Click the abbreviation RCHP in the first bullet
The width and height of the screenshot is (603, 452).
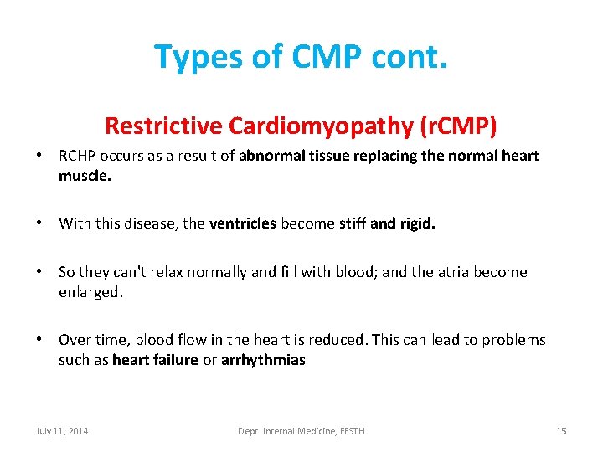(x=78, y=156)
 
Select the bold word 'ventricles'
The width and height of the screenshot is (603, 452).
(x=243, y=223)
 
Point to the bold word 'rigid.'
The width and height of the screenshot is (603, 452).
(x=417, y=223)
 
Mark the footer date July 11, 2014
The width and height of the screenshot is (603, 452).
(x=62, y=431)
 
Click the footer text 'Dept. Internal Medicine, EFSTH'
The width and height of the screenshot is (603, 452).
(x=301, y=431)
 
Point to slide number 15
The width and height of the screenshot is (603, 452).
(x=561, y=431)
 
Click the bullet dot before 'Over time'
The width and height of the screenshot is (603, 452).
(x=39, y=340)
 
